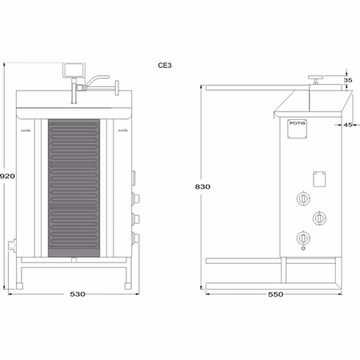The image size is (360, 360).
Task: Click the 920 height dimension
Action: pos(8,175)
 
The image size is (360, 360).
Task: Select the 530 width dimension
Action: pos(77,294)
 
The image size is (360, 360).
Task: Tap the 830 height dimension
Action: pos(202,186)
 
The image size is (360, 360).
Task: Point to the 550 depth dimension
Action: pos(275,294)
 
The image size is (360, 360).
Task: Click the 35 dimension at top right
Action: pos(348,81)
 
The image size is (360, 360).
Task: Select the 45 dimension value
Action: pos(349,124)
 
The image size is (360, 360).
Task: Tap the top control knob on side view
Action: pos(303,198)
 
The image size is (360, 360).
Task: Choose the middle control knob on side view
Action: pos(319,217)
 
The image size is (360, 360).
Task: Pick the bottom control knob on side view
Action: pos(303,237)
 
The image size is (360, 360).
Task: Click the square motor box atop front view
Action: pos(74,68)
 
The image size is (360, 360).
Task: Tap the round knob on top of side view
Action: pos(317,78)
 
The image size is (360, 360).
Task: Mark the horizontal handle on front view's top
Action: pos(100,78)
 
